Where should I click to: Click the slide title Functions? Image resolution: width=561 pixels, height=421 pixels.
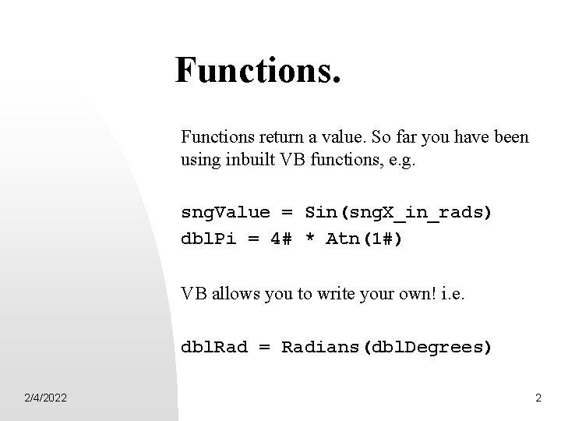click(258, 70)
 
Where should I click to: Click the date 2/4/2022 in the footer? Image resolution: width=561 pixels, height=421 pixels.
click(44, 398)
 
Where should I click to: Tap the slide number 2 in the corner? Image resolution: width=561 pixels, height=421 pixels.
click(538, 398)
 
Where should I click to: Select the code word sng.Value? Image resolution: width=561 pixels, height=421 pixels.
click(225, 213)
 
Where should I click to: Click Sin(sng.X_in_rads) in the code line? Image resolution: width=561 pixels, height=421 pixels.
click(398, 213)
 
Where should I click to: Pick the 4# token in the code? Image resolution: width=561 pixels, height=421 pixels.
click(280, 239)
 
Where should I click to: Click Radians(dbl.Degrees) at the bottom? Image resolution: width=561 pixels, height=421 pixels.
click(386, 346)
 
